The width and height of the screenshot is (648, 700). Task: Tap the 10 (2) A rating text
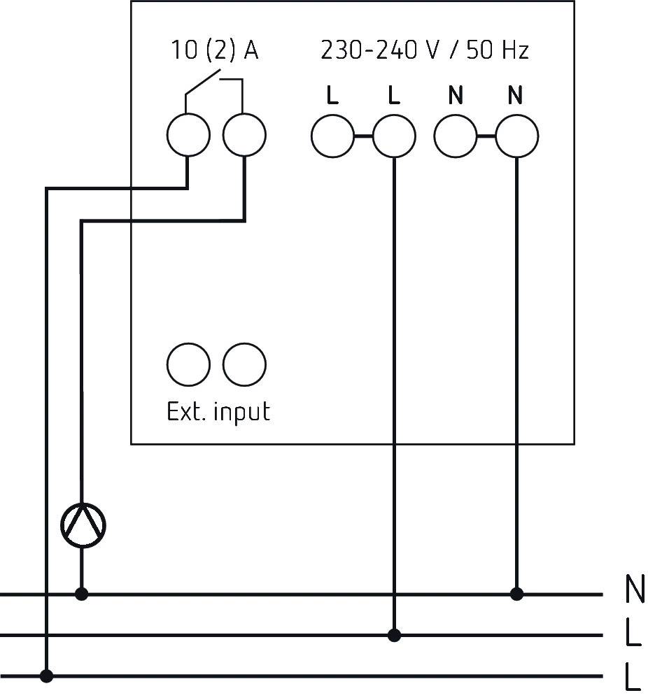tap(215, 51)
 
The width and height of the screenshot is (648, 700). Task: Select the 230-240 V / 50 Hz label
tap(424, 51)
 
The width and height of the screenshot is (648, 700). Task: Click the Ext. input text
tap(218, 411)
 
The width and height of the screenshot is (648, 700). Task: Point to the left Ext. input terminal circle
tap(188, 364)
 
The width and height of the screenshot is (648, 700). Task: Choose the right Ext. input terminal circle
tap(244, 364)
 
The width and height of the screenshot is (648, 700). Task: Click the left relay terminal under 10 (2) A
tap(188, 136)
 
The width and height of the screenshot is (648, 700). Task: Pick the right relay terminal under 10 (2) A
tap(244, 136)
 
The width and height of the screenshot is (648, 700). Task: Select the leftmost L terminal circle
tap(332, 136)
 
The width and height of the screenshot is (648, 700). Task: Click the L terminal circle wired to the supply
tap(394, 136)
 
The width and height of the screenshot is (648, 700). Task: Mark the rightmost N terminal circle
tap(516, 136)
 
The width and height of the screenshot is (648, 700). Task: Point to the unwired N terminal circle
tap(456, 136)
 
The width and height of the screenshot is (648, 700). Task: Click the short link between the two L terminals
tap(363, 136)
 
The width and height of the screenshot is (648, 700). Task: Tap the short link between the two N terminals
tap(486, 136)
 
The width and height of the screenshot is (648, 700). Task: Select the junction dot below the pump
tap(82, 594)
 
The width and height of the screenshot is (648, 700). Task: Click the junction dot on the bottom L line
tap(46, 676)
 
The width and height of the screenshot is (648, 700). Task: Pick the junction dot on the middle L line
tap(394, 635)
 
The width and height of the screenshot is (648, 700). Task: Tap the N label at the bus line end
tap(634, 591)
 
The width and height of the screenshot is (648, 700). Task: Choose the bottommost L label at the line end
tap(633, 678)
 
